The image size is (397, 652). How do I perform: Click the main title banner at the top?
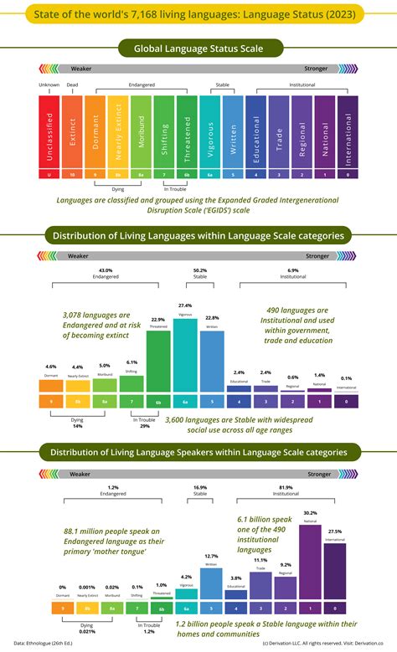[x=198, y=14]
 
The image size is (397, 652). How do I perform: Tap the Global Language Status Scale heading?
[x=198, y=50]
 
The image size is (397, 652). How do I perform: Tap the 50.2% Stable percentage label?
[x=199, y=270]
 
